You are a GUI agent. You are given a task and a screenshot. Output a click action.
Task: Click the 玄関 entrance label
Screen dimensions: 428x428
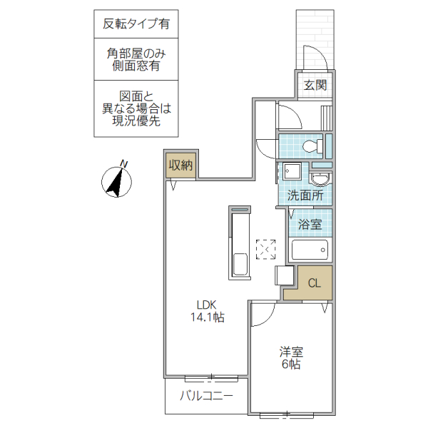point(315,86)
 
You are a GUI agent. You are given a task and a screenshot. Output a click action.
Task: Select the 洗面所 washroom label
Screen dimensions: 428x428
point(305,195)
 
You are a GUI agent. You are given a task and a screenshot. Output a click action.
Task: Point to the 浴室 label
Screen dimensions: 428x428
point(310,225)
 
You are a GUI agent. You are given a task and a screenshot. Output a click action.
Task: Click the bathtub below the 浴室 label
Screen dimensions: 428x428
point(309,251)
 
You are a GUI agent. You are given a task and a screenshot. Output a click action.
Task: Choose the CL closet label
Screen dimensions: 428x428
point(315,282)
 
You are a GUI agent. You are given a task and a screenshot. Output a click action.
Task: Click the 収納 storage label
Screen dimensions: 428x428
point(180,165)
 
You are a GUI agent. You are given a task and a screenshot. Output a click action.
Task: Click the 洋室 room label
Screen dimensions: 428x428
point(291,351)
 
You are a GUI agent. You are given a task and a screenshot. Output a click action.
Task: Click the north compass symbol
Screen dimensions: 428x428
point(115,180)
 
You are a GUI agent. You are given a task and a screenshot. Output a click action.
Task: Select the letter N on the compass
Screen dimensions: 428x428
point(123,164)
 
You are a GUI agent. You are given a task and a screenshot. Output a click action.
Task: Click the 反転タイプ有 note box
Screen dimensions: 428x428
point(136,23)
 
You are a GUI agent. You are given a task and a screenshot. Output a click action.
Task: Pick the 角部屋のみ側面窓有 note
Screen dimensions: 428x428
point(136,59)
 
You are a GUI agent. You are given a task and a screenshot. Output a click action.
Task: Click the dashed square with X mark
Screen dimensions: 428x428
point(266,250)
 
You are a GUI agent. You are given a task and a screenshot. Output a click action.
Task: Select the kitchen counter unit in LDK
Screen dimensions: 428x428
point(240,243)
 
